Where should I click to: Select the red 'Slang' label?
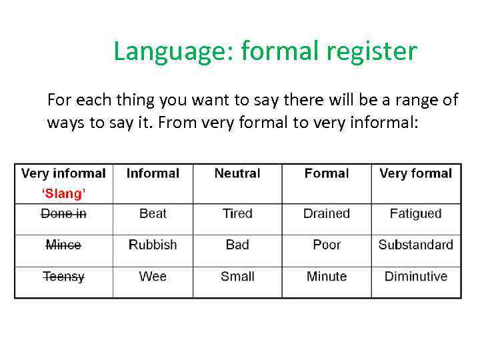click(63, 193)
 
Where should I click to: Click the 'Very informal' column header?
click(63, 173)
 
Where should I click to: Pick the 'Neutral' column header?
click(237, 173)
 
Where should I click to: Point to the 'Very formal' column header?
click(415, 173)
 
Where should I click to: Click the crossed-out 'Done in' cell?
click(63, 213)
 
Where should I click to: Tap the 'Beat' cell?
click(153, 213)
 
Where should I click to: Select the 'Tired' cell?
click(237, 213)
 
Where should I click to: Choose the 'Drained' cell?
click(327, 213)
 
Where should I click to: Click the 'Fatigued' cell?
click(415, 213)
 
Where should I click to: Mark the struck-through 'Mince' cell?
click(63, 245)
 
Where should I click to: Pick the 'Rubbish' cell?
click(153, 245)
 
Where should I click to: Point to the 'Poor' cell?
click(327, 245)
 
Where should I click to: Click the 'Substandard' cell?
click(415, 245)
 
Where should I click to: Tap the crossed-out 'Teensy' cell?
click(63, 276)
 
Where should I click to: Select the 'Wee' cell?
click(153, 276)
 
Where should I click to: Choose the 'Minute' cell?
click(327, 276)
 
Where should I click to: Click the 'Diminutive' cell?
click(415, 276)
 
